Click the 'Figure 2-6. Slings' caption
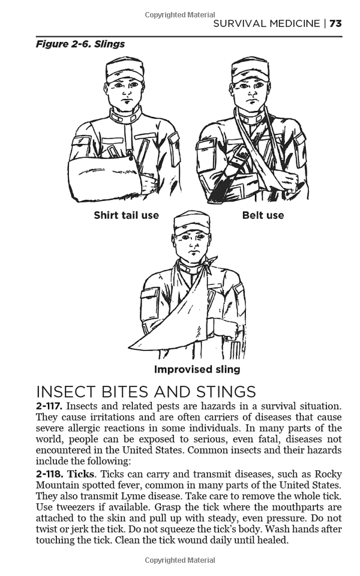pos(80,44)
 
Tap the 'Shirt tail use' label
pos(126,215)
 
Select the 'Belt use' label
pos(263,215)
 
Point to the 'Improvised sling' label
pos(197,370)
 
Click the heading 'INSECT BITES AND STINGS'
pos(146,392)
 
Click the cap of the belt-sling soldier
pos(250,68)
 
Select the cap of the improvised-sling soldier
pos(191,223)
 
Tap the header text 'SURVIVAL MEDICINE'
pos(267,23)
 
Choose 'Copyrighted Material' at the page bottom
pos(179,561)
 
